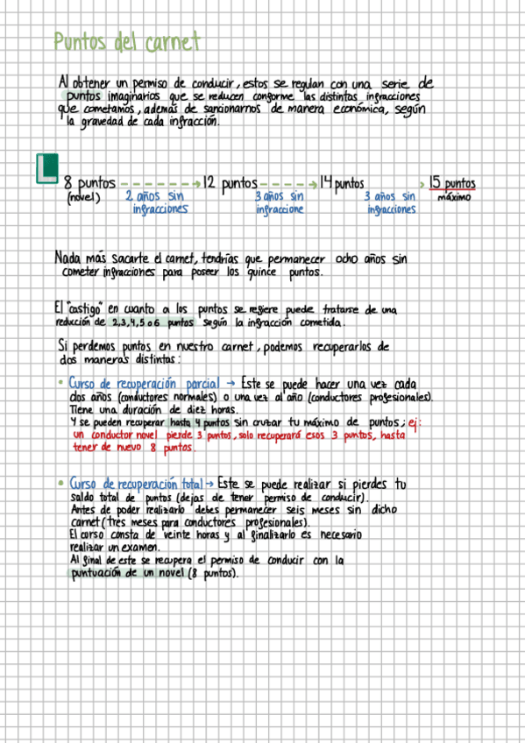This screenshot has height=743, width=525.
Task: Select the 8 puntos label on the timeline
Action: pyautogui.click(x=89, y=184)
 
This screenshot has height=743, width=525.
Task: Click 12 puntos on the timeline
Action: pyautogui.click(x=229, y=184)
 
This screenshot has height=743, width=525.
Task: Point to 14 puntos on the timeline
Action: pyautogui.click(x=341, y=184)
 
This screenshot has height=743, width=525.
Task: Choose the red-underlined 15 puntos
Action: pyautogui.click(x=452, y=184)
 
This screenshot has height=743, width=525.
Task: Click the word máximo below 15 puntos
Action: pyautogui.click(x=453, y=198)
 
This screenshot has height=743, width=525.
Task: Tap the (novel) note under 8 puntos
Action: pyautogui.click(x=84, y=198)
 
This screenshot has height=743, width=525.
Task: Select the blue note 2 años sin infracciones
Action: pyautogui.click(x=158, y=203)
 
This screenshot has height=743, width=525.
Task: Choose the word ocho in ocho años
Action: pyautogui.click(x=346, y=259)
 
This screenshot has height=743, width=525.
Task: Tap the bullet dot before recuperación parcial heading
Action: pyautogui.click(x=59, y=384)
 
